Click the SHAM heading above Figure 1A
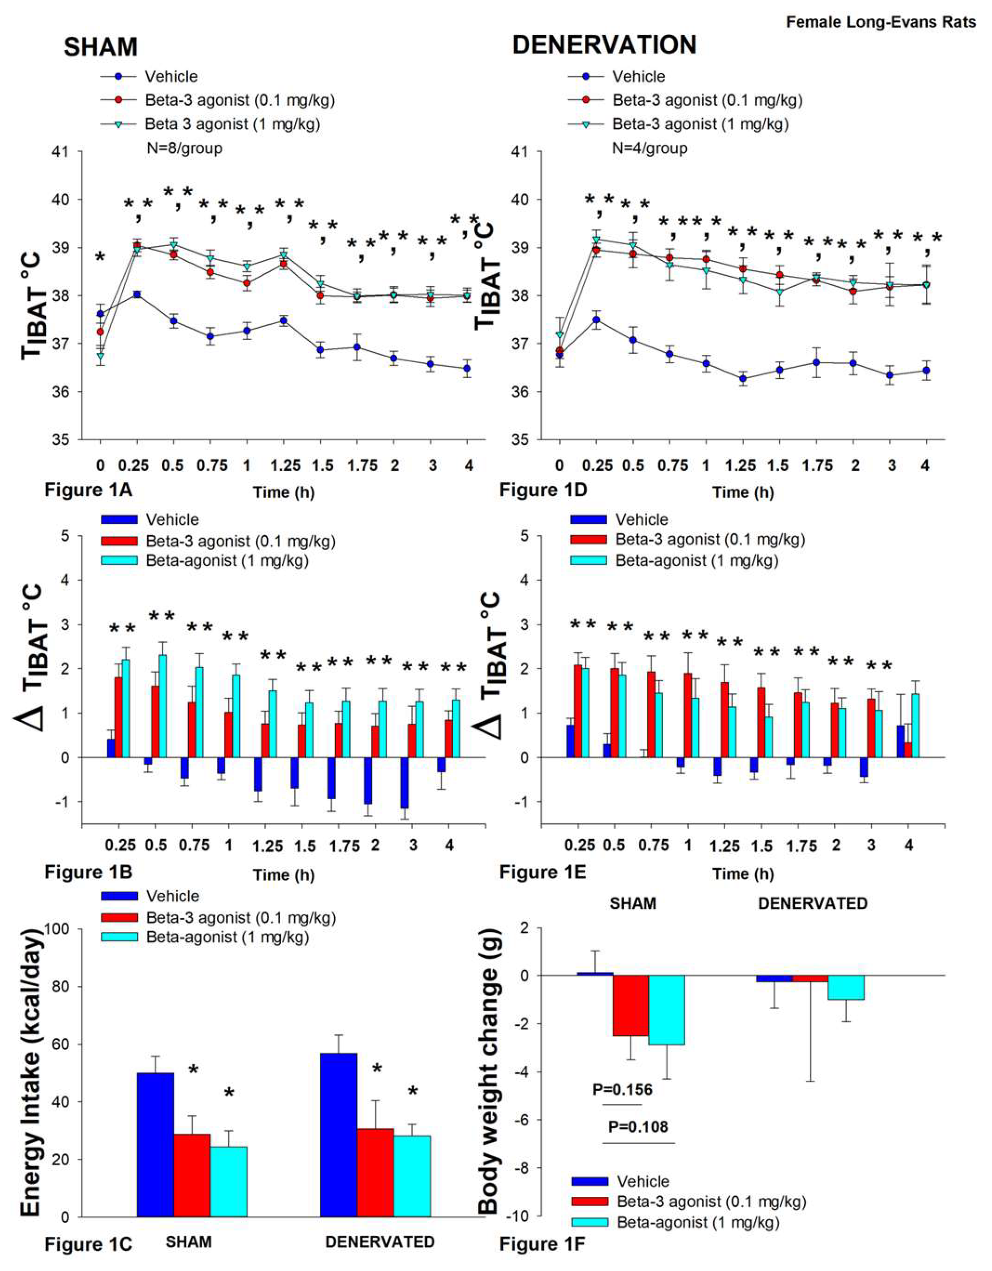[100, 47]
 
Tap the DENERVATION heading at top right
[604, 45]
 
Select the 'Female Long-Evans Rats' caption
[881, 22]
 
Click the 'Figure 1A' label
[88, 490]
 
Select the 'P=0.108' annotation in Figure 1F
[638, 1127]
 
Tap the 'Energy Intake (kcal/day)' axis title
[33, 1071]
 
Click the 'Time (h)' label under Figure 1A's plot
[284, 492]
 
